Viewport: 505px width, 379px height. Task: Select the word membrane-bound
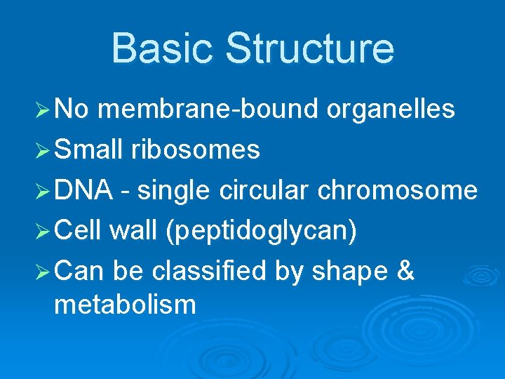(209, 109)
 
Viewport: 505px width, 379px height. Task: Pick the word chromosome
(398, 190)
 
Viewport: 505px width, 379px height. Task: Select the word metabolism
(125, 305)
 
